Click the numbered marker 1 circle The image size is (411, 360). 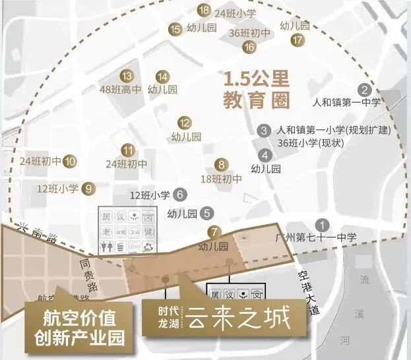pyautogui.click(x=321, y=224)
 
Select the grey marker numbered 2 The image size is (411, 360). pyautogui.click(x=364, y=90)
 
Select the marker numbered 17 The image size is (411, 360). pyautogui.click(x=298, y=40)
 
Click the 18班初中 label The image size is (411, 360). pyautogui.click(x=221, y=179)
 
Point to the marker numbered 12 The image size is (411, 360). pyautogui.click(x=185, y=122)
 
